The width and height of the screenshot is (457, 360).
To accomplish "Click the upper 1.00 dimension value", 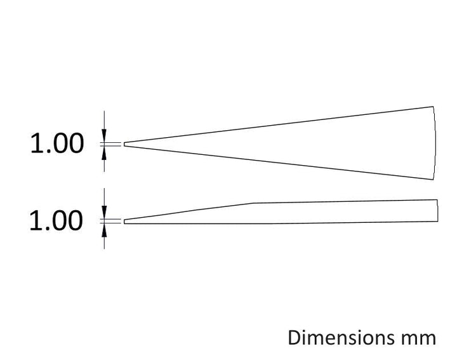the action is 57,143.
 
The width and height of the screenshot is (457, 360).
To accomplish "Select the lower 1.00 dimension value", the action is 56,221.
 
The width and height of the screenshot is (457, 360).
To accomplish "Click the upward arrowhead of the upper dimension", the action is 104,153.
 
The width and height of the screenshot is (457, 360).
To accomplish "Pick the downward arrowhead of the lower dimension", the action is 104,213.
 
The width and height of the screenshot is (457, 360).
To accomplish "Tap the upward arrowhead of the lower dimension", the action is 104,230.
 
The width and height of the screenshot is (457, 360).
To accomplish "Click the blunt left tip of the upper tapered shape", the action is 124,144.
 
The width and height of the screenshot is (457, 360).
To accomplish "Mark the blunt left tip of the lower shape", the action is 124,222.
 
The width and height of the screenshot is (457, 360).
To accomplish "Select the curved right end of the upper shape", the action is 435,143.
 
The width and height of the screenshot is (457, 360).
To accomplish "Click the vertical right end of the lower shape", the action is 437,210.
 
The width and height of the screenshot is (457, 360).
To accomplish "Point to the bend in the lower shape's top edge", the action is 253,203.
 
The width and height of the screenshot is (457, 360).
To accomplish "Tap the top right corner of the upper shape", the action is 433,107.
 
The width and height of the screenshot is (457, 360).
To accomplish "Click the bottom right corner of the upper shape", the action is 433,180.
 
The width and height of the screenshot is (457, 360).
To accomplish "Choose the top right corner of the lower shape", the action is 437,199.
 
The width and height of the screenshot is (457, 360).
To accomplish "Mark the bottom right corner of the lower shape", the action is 437,222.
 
